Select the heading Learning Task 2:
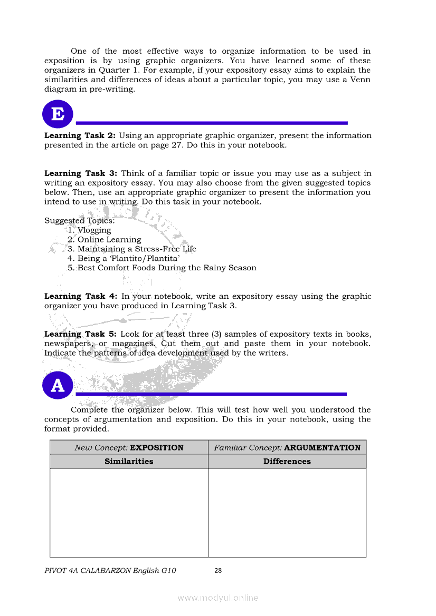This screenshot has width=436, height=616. click(x=80, y=135)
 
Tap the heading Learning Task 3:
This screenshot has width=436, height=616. click(x=81, y=173)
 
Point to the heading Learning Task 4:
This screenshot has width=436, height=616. click(x=81, y=296)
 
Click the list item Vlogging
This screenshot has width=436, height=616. click(x=94, y=230)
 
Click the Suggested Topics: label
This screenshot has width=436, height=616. click(x=80, y=221)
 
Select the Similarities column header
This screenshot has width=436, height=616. click(x=129, y=462)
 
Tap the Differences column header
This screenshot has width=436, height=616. click(x=287, y=462)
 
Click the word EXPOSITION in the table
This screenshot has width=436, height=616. click(x=157, y=448)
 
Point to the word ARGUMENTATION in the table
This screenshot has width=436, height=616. click(x=322, y=448)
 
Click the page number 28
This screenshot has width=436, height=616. click(x=218, y=570)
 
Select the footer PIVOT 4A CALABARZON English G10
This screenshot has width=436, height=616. click(x=110, y=570)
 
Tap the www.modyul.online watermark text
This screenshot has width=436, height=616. click(x=218, y=598)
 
